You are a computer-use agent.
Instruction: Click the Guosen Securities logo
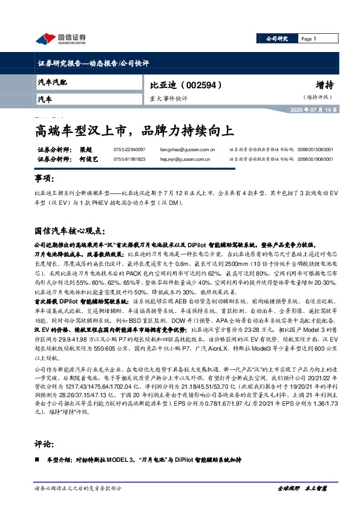(61, 39)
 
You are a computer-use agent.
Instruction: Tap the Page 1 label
(310, 39)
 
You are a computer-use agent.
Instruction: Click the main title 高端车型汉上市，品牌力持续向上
(132, 130)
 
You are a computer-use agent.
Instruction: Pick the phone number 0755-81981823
(129, 160)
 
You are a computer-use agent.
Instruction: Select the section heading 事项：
(47, 180)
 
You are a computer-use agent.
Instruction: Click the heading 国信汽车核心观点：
(70, 231)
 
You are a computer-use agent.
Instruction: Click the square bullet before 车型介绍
(37, 460)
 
